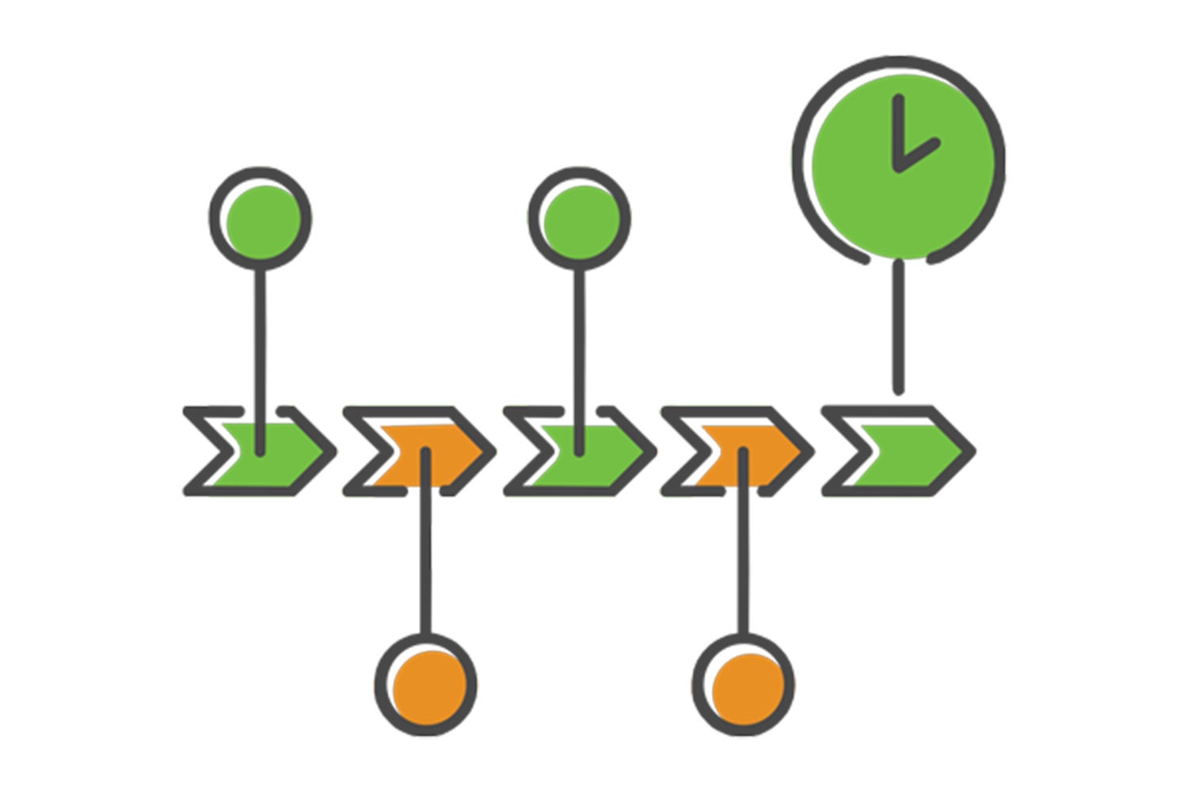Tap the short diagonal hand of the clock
(919, 155)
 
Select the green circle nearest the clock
(581, 221)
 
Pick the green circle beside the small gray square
(263, 221)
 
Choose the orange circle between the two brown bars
(747, 687)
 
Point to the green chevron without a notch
(911, 453)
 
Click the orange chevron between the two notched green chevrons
(428, 454)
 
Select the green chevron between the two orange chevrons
(586, 454)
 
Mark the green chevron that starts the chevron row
(267, 454)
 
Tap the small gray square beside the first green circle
(195, 216)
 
